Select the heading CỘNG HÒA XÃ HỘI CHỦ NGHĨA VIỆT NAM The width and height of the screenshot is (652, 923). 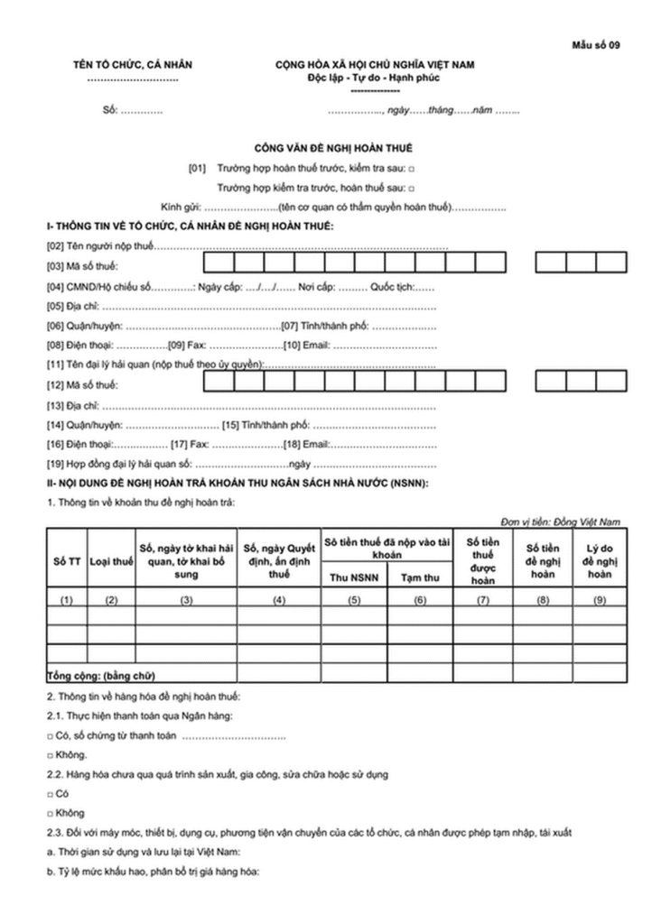click(375, 65)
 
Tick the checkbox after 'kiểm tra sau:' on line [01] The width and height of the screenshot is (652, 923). click(412, 169)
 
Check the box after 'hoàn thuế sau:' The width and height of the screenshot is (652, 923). click(412, 188)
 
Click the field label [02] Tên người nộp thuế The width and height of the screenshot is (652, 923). click(100, 245)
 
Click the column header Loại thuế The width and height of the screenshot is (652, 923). click(111, 561)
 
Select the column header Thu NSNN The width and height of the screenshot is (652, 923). click(353, 576)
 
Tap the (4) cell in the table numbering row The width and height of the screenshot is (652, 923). click(279, 600)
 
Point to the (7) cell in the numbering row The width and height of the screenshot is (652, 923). click(482, 600)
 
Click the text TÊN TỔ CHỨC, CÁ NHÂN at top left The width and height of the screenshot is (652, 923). click(133, 65)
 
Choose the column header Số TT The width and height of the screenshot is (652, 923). click(66, 561)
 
